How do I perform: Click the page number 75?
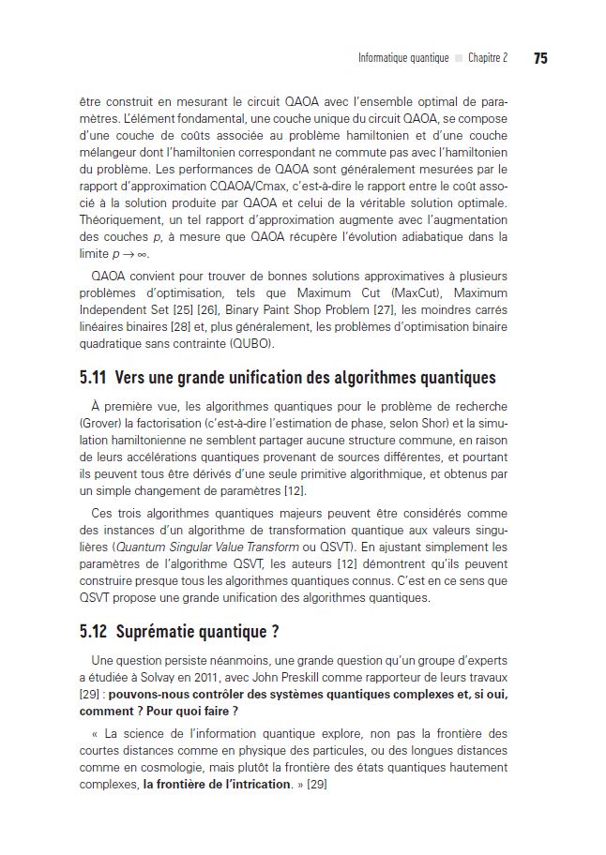(540, 58)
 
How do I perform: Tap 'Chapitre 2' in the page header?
(488, 58)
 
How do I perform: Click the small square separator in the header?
(459, 58)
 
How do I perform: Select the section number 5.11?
(93, 378)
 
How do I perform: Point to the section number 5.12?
(93, 632)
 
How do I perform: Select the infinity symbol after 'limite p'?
(143, 254)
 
